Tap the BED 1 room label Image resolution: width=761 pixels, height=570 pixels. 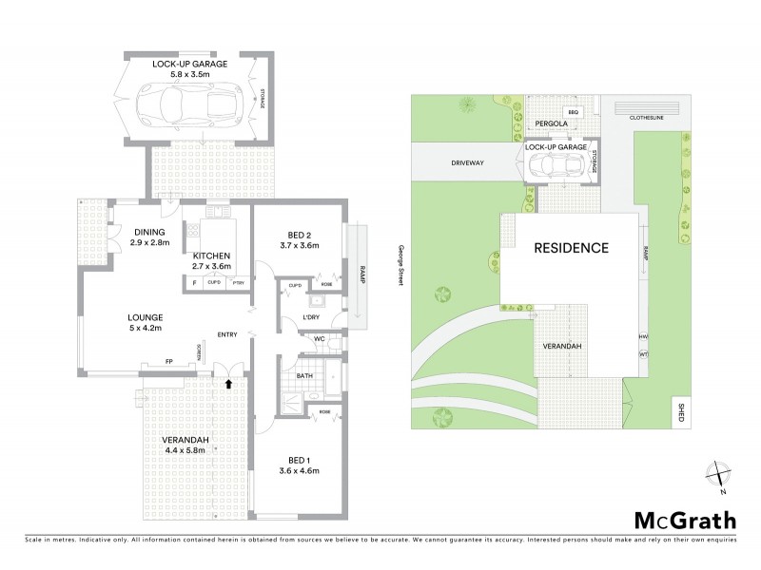(297, 460)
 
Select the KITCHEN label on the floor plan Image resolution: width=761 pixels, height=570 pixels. (212, 256)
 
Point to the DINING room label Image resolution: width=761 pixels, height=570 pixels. (149, 232)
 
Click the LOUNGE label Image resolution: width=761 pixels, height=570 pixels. (147, 316)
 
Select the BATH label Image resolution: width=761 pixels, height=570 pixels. (304, 375)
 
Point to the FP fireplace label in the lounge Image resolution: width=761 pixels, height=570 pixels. (168, 361)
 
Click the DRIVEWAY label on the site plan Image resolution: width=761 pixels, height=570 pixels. (468, 162)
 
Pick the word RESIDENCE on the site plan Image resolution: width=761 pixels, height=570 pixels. (570, 248)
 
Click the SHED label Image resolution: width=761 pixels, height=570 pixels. (678, 411)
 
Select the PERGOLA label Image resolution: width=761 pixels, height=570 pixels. (551, 123)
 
